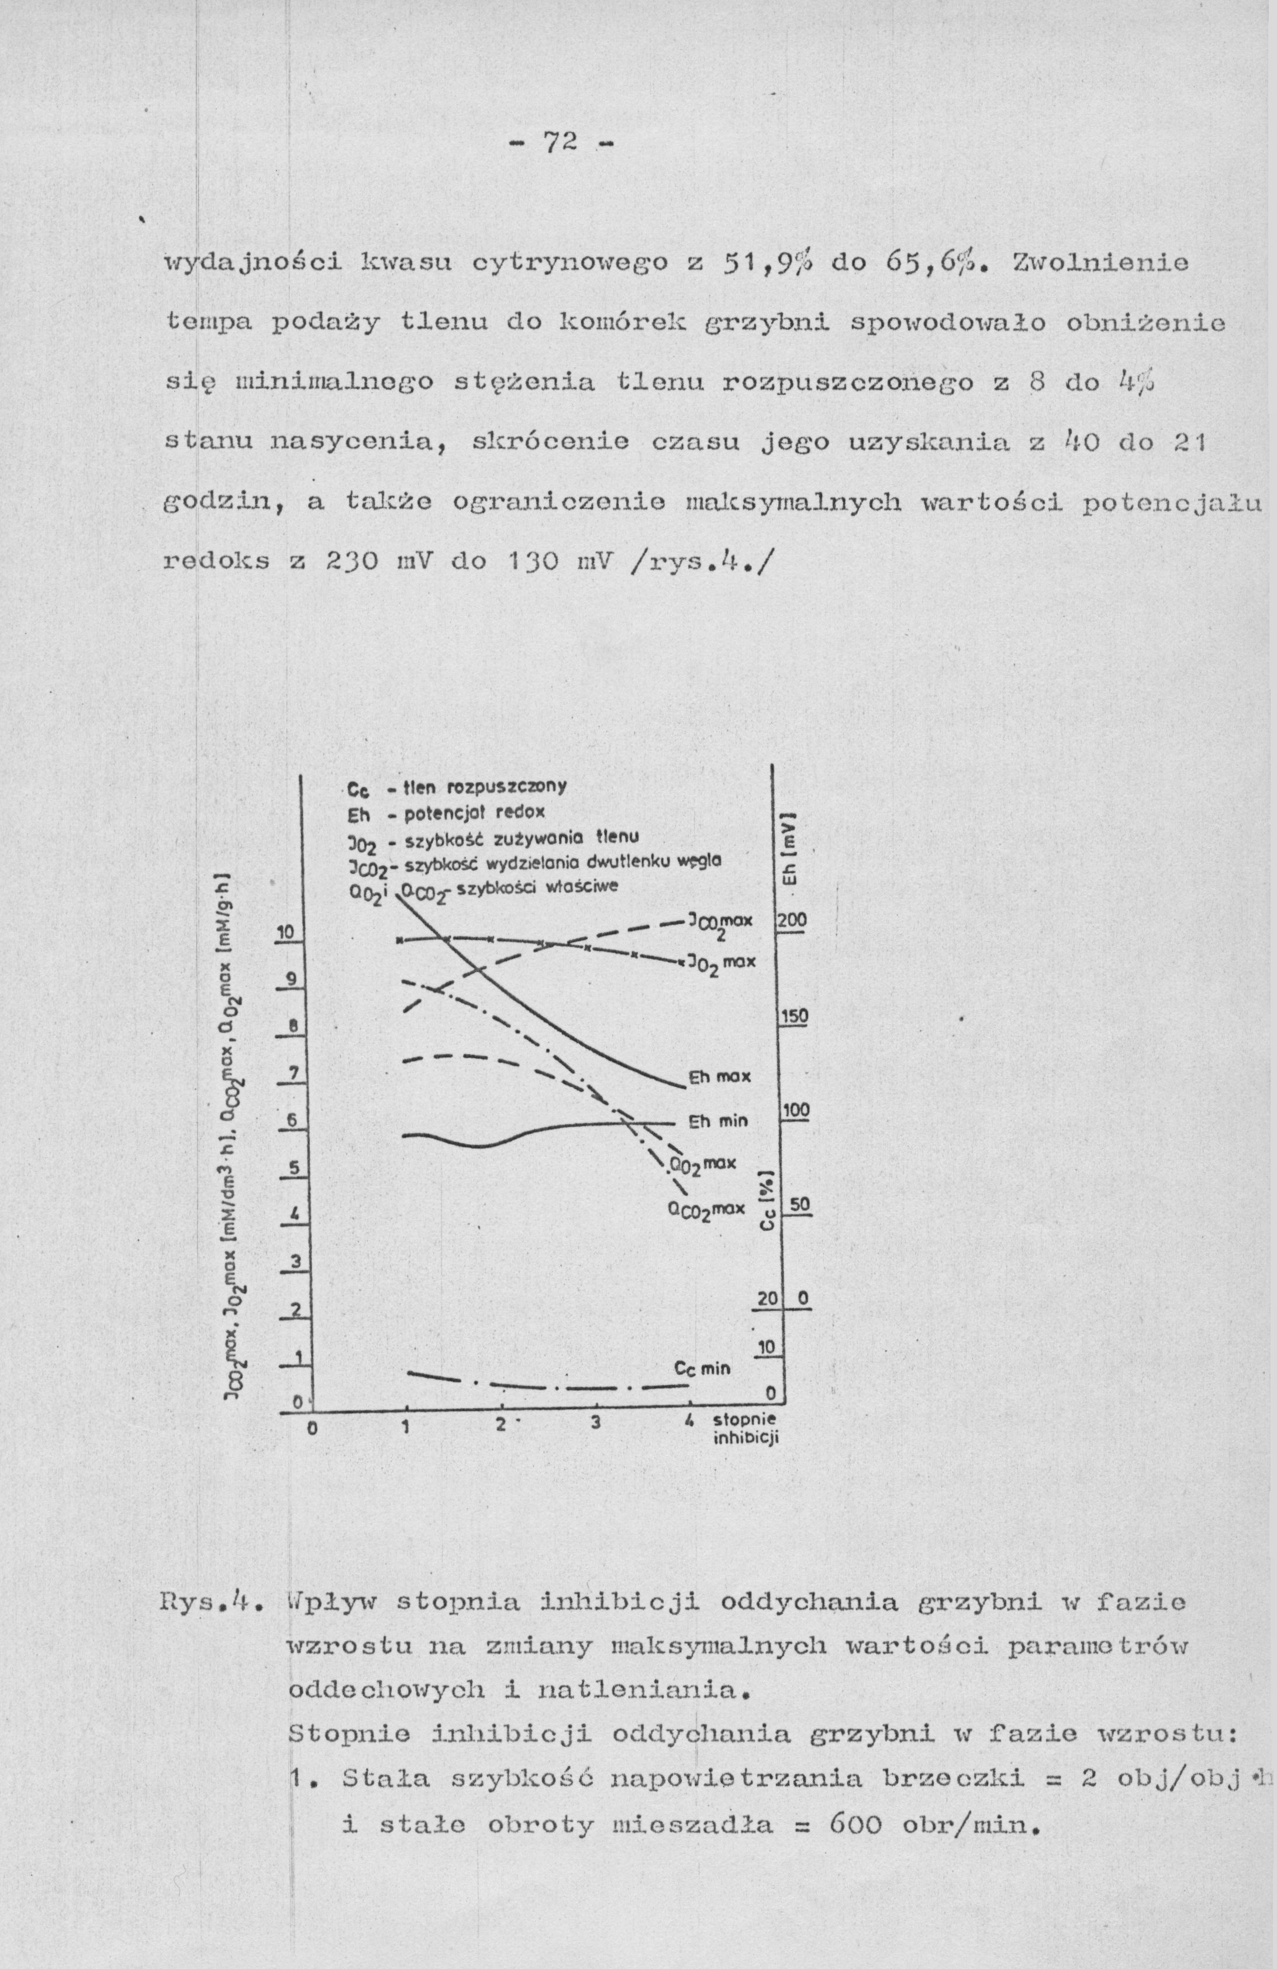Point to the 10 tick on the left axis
point(285,932)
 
